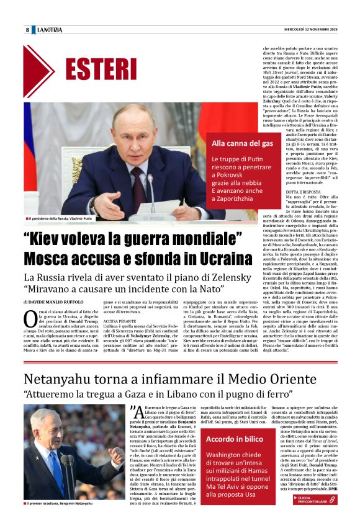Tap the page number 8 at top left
(27, 30)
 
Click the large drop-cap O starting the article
(31, 319)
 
